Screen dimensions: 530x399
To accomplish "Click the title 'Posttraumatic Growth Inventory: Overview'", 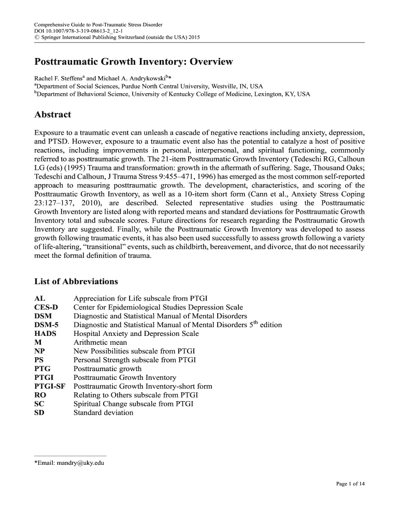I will pyautogui.click(x=134, y=62).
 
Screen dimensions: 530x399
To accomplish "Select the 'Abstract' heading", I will pyautogui.click(x=52, y=114).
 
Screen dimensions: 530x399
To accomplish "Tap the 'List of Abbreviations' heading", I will pyautogui.click(x=76, y=282).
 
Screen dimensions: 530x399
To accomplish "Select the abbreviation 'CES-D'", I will pyautogui.click(x=46, y=307).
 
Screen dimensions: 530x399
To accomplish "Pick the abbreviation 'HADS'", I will pyautogui.click(x=45, y=334).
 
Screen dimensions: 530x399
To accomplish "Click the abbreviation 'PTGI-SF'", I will pyautogui.click(x=50, y=387).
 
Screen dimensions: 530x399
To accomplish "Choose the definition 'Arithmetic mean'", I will pyautogui.click(x=100, y=343).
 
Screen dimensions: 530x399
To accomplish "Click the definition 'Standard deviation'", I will pyautogui.click(x=103, y=413).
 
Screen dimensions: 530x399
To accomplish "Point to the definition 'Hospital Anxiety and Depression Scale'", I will pyautogui.click(x=136, y=334).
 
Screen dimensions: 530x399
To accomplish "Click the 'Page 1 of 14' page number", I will pyautogui.click(x=350, y=484).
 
